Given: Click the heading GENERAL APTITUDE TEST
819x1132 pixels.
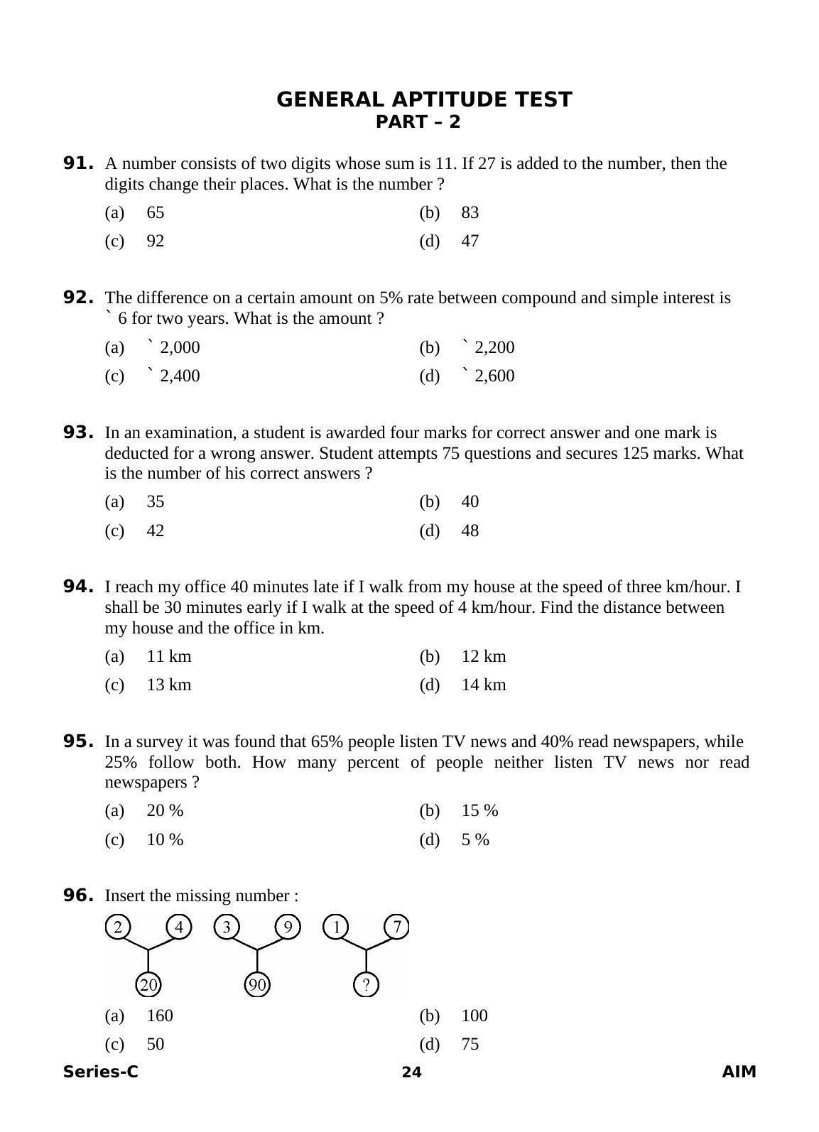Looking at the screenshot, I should click(423, 99).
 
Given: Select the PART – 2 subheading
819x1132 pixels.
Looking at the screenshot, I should click(418, 122).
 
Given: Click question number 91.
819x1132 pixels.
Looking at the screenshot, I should click(78, 163).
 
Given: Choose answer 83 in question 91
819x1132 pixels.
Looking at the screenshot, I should click(470, 212).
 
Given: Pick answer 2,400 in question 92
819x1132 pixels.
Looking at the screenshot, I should click(179, 376).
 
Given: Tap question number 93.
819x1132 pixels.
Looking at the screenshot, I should click(78, 432).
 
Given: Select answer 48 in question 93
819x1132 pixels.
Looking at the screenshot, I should click(470, 530).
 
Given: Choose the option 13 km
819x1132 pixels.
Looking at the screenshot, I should click(168, 685).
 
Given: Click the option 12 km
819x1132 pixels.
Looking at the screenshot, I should click(483, 656).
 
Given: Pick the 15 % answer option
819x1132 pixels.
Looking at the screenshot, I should click(479, 810).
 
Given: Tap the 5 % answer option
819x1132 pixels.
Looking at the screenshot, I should click(475, 839).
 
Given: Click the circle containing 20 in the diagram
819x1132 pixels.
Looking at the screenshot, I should click(148, 985).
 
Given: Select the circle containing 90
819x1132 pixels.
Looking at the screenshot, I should click(257, 985).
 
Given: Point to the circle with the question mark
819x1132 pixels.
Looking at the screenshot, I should click(366, 985).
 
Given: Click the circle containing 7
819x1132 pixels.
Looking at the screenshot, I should click(397, 927).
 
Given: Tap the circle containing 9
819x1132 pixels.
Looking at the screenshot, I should click(288, 927).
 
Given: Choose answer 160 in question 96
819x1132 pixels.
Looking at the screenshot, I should click(159, 1016).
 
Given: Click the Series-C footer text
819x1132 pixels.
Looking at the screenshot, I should click(100, 1072).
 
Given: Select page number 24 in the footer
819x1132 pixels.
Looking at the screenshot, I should click(411, 1072).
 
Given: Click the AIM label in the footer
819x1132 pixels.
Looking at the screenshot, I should click(739, 1072).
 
